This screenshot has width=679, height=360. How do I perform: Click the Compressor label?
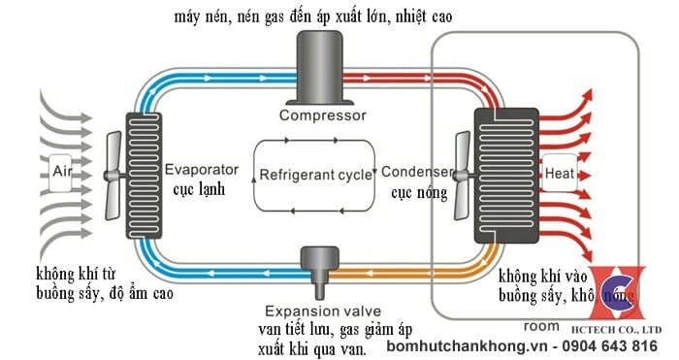(x=322, y=116)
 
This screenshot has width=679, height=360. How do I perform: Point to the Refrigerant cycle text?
(x=315, y=176)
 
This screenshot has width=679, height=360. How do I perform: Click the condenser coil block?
(x=503, y=175)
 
